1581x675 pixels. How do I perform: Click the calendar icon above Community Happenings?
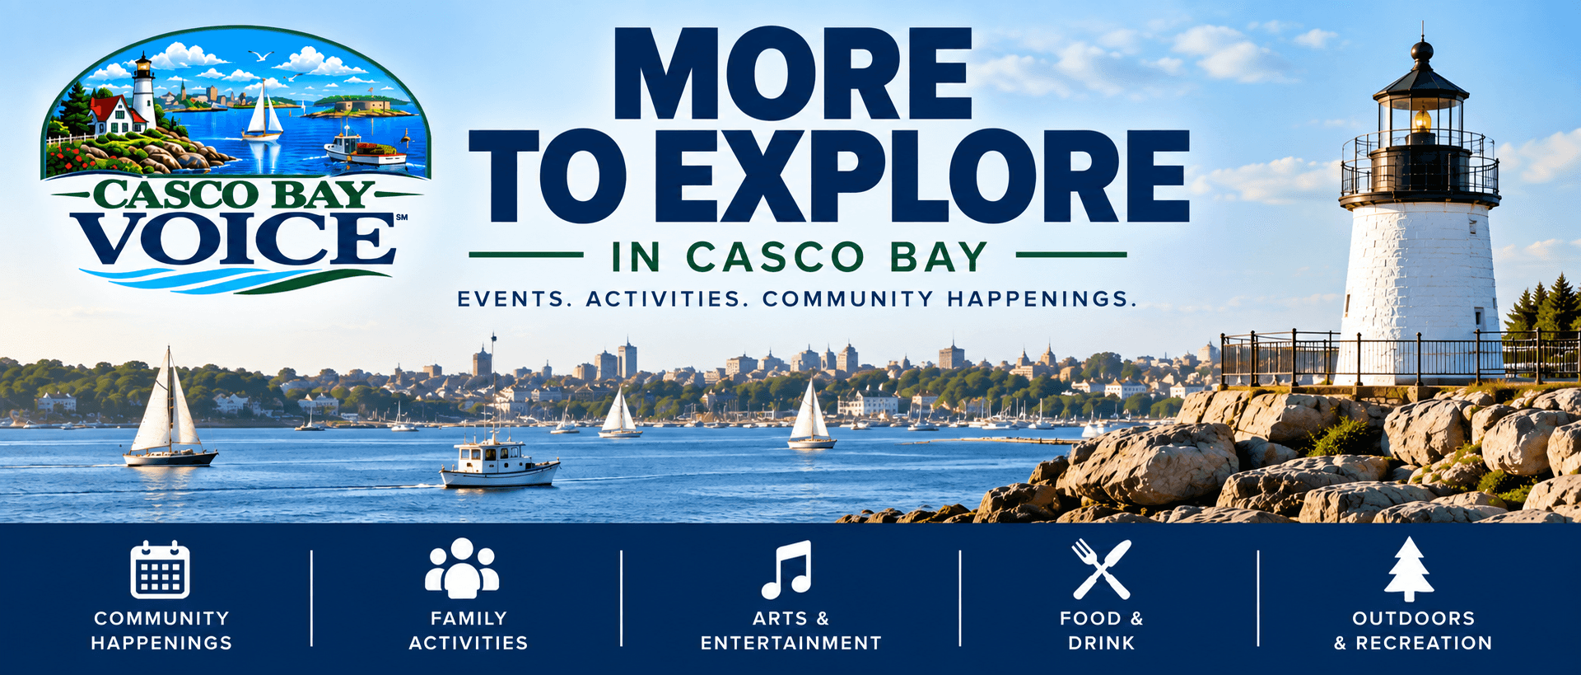tap(160, 569)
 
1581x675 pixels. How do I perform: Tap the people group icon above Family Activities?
tap(462, 568)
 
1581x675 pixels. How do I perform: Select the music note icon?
tap(786, 570)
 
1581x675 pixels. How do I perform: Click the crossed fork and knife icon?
tap(1101, 569)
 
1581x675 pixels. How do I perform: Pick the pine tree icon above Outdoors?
tap(1409, 569)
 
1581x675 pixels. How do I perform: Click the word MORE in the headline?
tap(793, 74)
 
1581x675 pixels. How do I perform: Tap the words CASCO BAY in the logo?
tap(235, 195)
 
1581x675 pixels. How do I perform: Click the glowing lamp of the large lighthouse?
tap(1421, 120)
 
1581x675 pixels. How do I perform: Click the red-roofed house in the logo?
tap(116, 115)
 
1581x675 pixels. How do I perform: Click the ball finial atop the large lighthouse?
tap(1421, 50)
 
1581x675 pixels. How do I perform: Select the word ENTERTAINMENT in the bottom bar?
tap(791, 643)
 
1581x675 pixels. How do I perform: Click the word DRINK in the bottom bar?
tap(1102, 643)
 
